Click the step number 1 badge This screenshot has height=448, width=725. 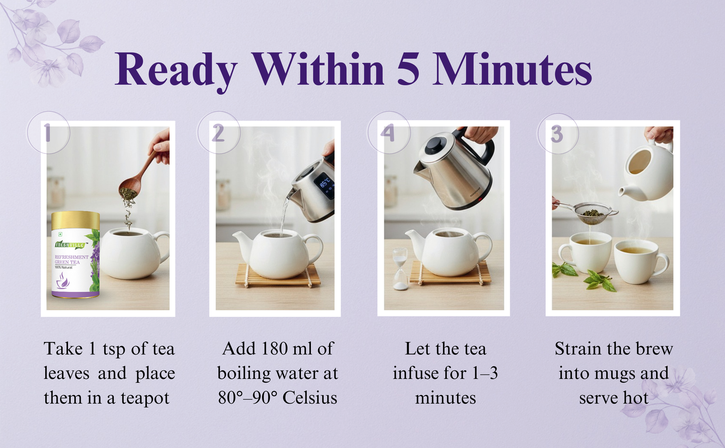[48, 132]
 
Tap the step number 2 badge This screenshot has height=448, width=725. [219, 133]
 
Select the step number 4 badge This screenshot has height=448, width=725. [389, 133]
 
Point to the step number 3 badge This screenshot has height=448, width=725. [558, 133]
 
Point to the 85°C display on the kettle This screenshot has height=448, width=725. [324, 184]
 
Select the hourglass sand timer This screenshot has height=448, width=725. [401, 269]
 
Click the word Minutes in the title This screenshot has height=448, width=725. [512, 70]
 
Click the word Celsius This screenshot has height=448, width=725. [310, 398]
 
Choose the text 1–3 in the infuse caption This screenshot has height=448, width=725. [485, 373]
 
